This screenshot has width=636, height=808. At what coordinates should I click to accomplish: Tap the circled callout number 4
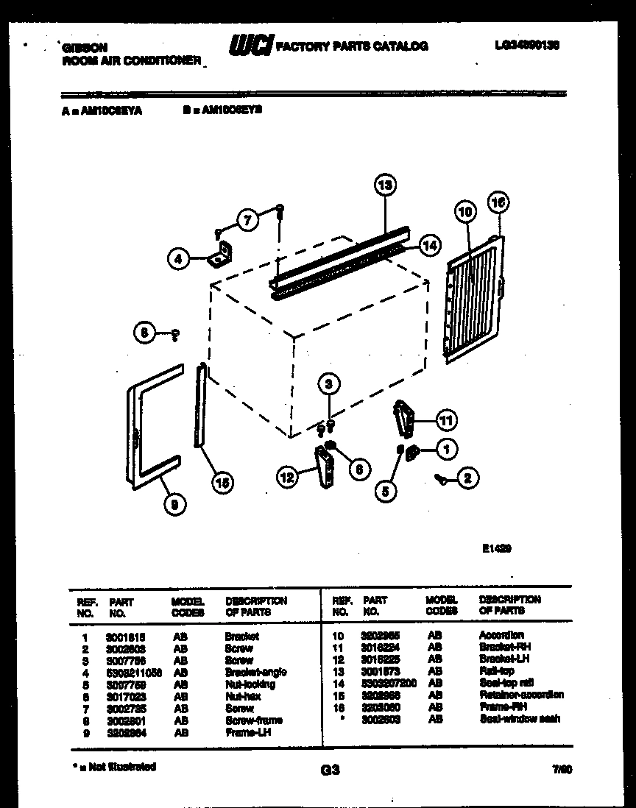click(178, 258)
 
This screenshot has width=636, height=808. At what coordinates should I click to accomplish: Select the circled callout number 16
click(498, 202)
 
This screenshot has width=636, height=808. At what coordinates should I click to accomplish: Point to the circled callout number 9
click(174, 504)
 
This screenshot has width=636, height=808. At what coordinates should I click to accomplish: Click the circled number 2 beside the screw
click(467, 478)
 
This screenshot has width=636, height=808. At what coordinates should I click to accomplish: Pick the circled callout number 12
click(288, 478)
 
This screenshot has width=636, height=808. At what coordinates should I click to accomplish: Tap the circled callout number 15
click(222, 482)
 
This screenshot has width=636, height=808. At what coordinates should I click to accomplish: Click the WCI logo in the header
click(251, 46)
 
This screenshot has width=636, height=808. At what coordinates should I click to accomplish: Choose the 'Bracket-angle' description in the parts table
click(255, 672)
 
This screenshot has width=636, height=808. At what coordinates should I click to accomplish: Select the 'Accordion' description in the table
click(501, 635)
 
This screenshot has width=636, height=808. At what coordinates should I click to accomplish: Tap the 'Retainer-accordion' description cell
click(521, 695)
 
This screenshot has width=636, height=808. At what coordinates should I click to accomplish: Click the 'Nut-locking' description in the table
click(250, 684)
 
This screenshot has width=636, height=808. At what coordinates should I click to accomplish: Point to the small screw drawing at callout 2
click(442, 478)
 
